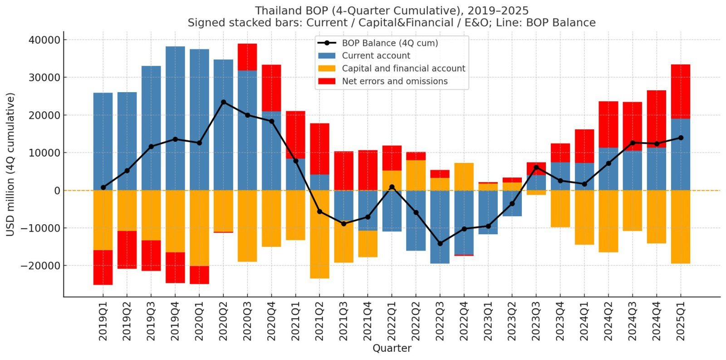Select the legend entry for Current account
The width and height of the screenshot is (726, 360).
click(x=376, y=56)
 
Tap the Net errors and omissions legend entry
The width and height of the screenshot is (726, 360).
click(x=394, y=81)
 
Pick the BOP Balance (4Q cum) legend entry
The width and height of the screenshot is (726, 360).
click(x=390, y=43)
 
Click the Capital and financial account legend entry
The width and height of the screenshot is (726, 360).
click(x=403, y=69)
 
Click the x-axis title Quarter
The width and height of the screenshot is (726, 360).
click(x=392, y=348)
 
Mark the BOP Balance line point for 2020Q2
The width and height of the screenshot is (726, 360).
click(x=223, y=102)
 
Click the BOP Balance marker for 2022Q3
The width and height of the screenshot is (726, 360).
click(x=440, y=243)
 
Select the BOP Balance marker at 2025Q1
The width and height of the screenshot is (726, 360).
click(x=681, y=138)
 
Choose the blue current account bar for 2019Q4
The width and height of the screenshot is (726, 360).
click(x=175, y=118)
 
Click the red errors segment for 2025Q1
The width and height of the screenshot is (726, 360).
click(x=681, y=91)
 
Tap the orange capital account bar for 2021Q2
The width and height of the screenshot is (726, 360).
click(x=319, y=234)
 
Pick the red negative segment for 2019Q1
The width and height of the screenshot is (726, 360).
click(x=103, y=267)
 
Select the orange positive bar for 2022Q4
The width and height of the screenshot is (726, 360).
click(x=464, y=177)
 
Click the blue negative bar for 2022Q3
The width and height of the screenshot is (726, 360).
click(x=440, y=227)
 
